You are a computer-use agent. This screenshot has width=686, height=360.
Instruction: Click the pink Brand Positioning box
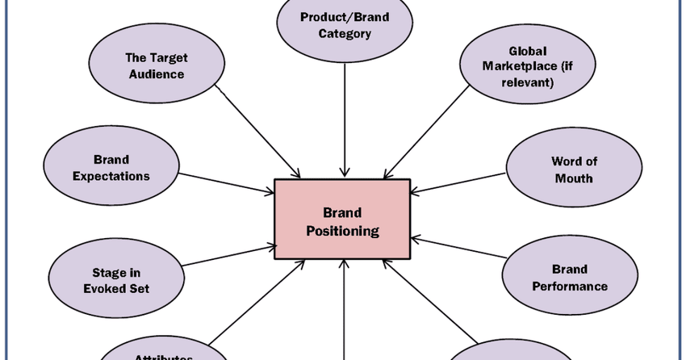[343, 220]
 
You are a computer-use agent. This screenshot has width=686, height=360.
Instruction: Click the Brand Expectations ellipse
[111, 167]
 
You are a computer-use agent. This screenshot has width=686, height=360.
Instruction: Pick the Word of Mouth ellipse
[574, 169]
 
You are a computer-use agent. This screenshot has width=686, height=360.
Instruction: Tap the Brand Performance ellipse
[570, 278]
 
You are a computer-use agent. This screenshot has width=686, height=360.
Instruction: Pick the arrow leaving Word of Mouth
[460, 184]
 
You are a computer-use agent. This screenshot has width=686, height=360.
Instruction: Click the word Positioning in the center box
[342, 230]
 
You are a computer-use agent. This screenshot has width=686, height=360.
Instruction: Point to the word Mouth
[574, 178]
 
